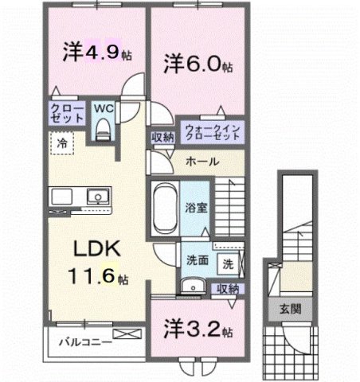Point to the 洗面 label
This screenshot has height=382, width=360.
pos(198,259)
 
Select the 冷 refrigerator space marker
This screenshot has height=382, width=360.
pos(61,144)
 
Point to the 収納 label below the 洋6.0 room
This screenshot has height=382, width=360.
pos(163,137)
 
